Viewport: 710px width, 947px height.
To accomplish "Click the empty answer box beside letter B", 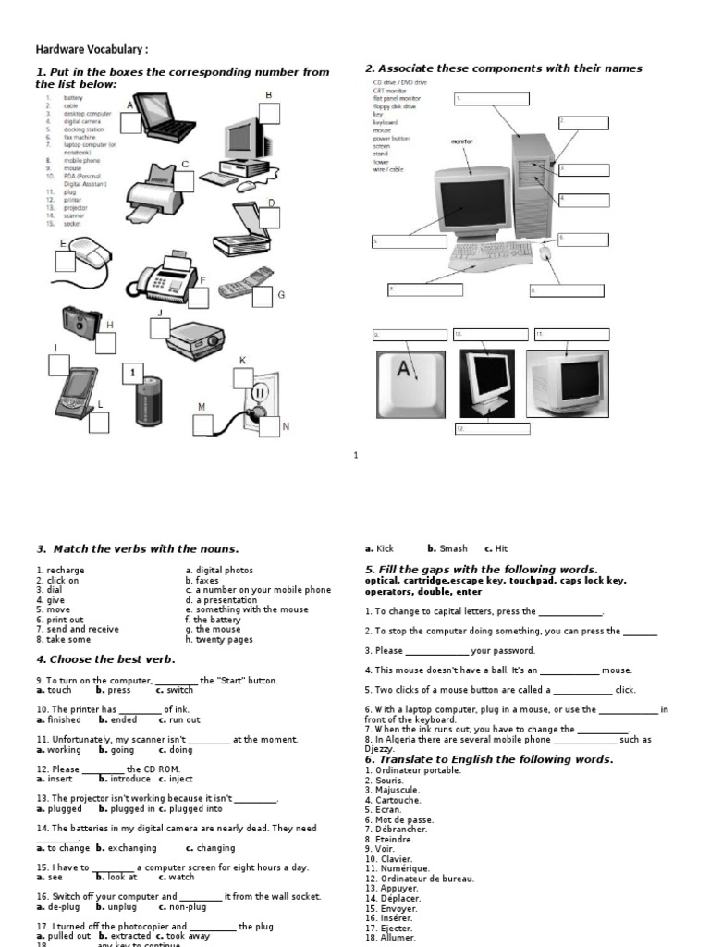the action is [x=268, y=114].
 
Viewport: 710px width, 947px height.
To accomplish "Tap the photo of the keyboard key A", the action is [x=410, y=383].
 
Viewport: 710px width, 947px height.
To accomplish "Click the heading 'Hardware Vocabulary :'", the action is [x=92, y=50].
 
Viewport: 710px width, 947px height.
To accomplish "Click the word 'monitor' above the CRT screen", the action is [x=462, y=141].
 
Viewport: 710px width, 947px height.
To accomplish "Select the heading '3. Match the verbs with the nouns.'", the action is [x=137, y=549].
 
